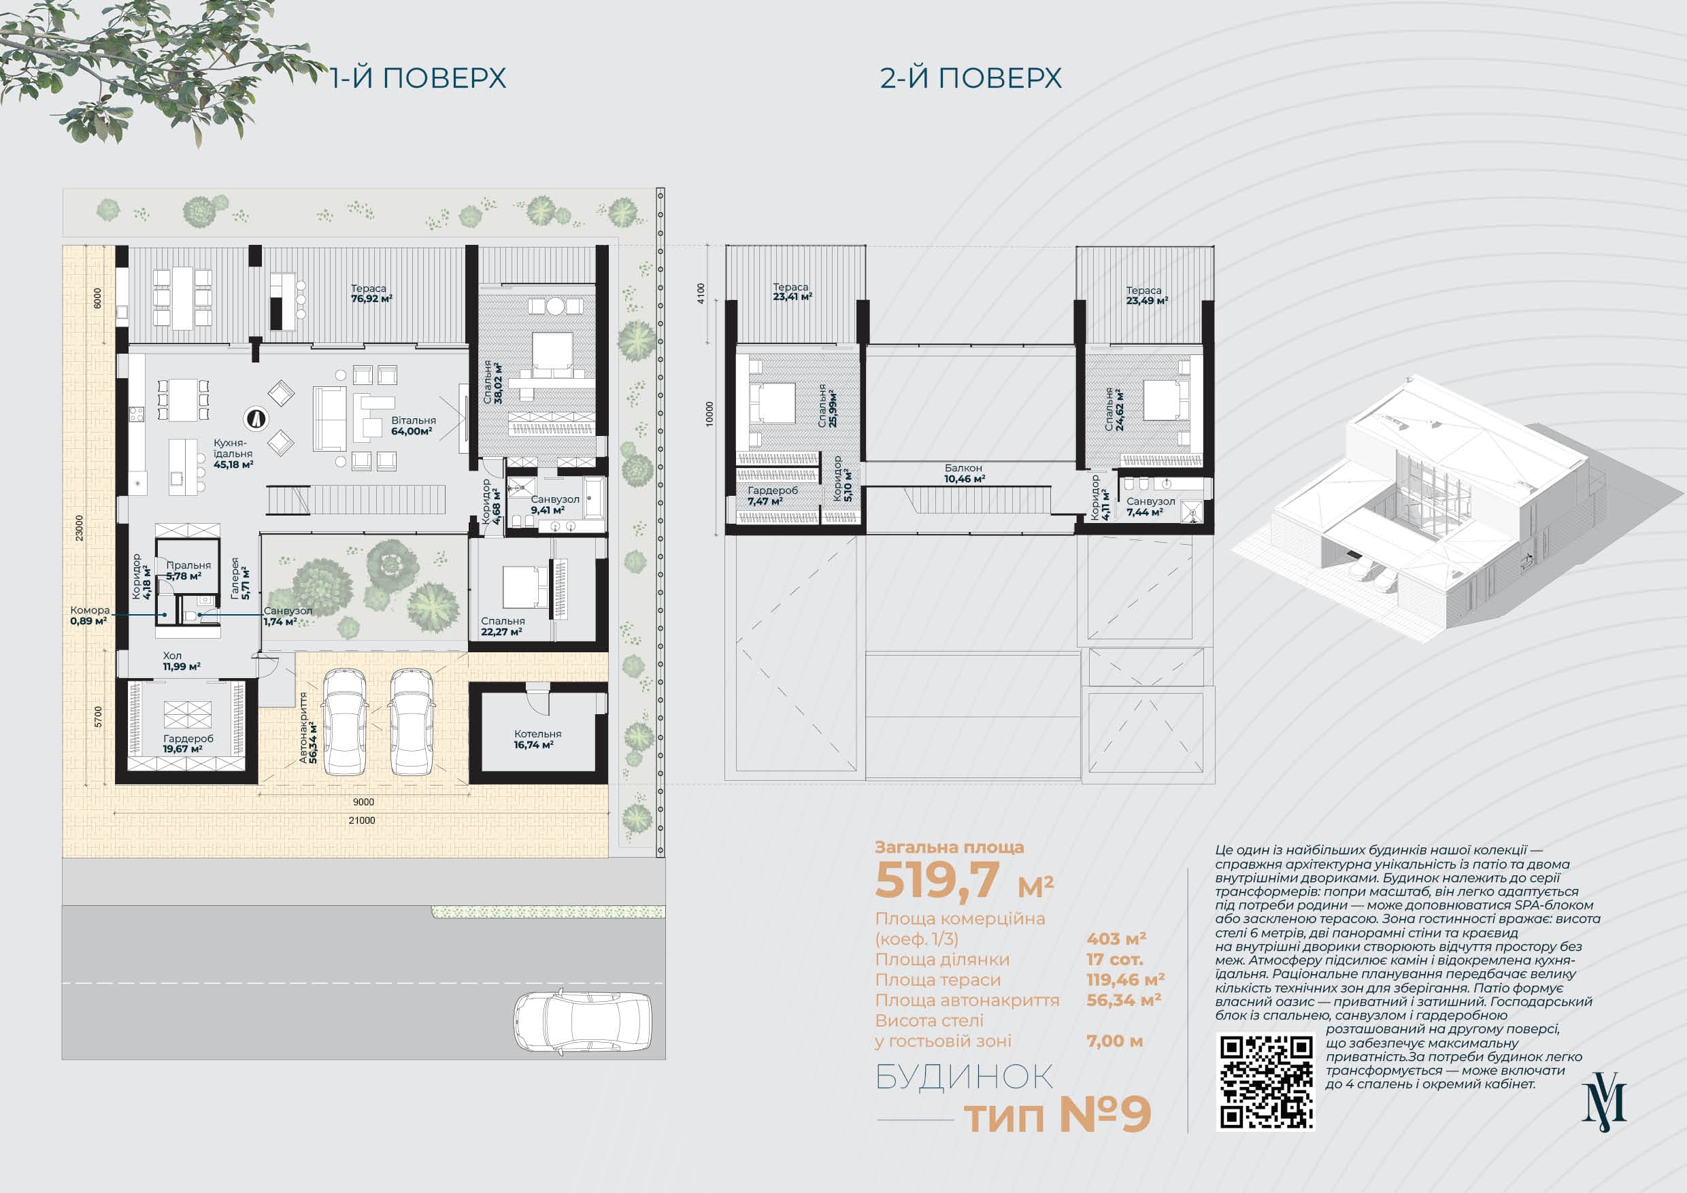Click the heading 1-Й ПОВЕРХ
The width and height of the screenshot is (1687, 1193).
418,78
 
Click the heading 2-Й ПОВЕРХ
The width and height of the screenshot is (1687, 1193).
971,78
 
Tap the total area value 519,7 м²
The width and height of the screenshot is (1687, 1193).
964,880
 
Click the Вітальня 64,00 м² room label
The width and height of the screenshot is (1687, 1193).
413,426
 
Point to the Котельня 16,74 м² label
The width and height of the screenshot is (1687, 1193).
537,739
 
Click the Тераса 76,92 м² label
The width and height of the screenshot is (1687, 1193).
371,293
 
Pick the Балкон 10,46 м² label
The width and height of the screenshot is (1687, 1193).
964,473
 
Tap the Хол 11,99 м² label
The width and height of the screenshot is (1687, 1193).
182,661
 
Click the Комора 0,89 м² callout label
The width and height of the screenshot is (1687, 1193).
90,616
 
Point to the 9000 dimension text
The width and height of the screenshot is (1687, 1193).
363,802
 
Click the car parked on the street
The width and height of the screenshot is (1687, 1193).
582,1022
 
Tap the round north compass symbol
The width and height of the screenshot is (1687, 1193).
256,419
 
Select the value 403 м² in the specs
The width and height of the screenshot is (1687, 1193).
1116,939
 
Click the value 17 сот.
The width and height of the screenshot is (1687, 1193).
1115,960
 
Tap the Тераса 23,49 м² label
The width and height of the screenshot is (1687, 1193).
1146,295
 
